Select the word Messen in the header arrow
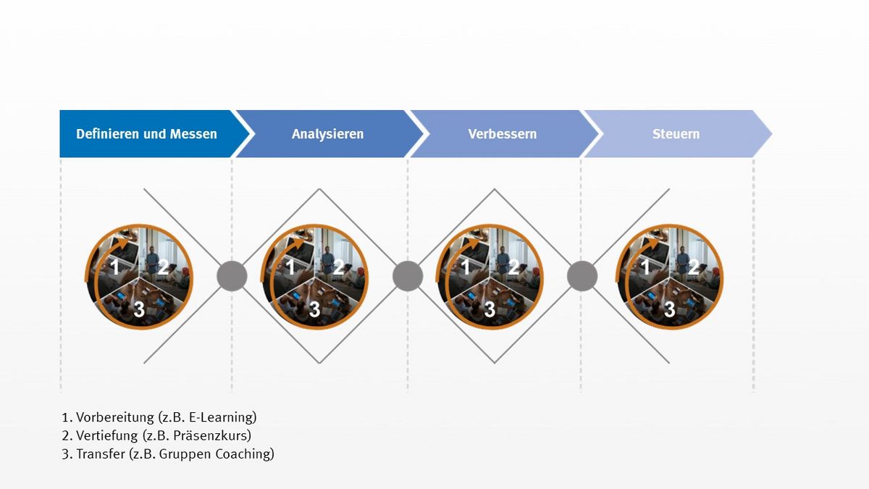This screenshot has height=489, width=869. click(193, 134)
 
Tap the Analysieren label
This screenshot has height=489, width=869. click(328, 134)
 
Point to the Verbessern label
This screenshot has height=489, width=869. click(503, 134)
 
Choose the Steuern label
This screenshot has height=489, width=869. click(676, 134)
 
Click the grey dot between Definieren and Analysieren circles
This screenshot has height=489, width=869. click(232, 276)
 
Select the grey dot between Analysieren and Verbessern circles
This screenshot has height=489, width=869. click(408, 276)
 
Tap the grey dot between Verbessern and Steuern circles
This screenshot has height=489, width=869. click(582, 276)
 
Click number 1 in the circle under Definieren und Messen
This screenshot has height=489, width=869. click(115, 267)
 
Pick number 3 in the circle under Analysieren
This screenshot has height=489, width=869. click(314, 309)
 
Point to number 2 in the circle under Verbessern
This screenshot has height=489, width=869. click(513, 267)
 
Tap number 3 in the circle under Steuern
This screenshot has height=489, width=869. click(670, 309)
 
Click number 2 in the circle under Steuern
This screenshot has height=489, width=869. click(693, 267)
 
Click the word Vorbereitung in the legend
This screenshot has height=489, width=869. click(115, 417)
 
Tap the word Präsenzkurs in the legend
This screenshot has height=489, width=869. click(211, 435)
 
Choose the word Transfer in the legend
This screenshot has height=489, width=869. click(101, 454)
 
